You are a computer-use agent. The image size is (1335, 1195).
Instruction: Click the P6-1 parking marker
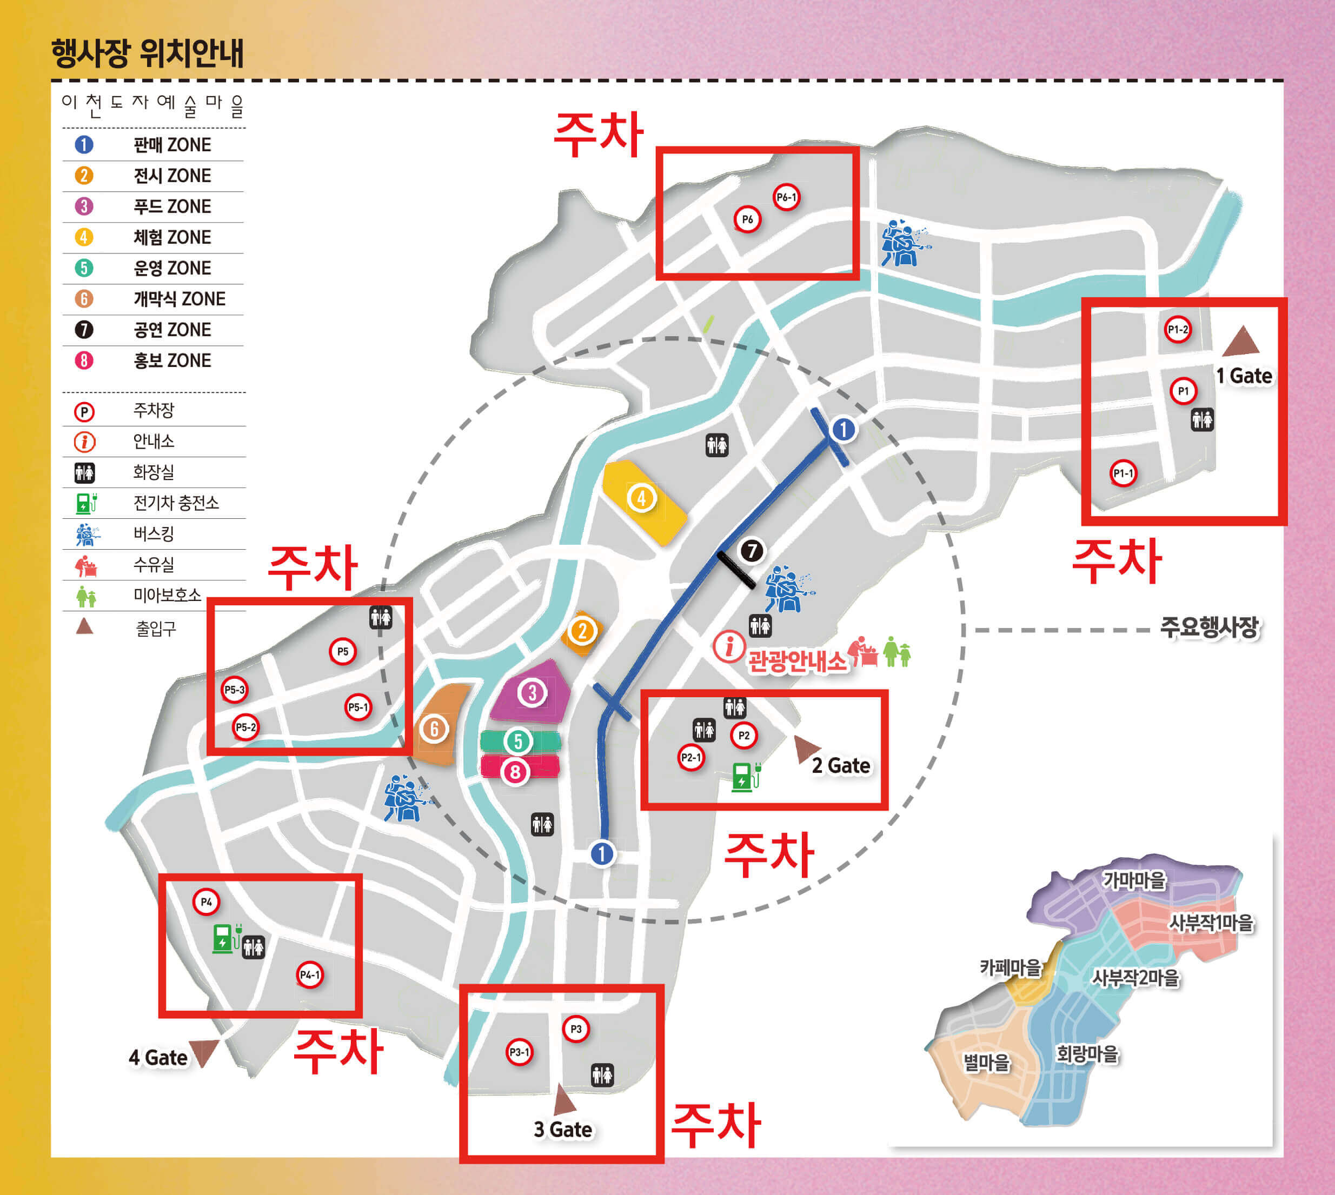point(786,197)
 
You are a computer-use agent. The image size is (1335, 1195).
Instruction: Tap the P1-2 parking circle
point(1177,330)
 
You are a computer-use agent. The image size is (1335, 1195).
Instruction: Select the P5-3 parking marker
point(235,690)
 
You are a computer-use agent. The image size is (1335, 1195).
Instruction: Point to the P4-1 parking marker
point(309,975)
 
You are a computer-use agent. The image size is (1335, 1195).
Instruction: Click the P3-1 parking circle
point(519,1052)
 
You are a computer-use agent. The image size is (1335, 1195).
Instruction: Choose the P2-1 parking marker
point(690,758)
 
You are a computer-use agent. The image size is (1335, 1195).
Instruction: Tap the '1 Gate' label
point(1244,376)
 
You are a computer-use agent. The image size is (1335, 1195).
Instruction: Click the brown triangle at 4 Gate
point(204,1052)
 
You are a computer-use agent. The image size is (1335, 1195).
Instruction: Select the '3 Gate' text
point(563,1130)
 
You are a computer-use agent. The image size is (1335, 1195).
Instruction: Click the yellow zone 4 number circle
point(641,498)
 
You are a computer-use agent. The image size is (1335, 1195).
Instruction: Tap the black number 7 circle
point(752,551)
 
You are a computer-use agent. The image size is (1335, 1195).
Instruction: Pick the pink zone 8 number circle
point(515,772)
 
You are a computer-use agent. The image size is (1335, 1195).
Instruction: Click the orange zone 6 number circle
point(434,729)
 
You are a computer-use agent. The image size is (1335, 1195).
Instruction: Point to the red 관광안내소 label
point(797,661)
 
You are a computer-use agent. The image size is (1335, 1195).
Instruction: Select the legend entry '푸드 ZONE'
point(172,207)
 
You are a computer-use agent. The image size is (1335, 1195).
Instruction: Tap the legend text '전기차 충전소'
point(176,503)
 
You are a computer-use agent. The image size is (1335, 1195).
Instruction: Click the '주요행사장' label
point(1209,627)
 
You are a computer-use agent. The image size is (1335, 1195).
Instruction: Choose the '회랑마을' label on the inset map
point(1087,1054)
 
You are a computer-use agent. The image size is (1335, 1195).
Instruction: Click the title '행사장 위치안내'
point(148,53)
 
